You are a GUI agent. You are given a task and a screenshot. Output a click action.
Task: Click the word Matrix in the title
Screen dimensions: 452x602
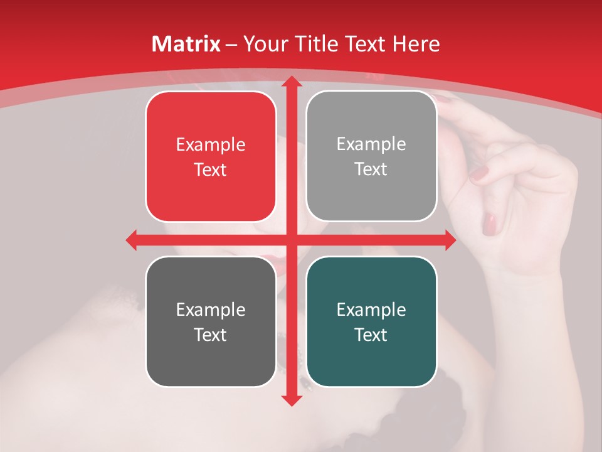point(186,44)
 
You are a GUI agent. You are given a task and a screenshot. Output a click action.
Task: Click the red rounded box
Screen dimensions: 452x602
point(211,157)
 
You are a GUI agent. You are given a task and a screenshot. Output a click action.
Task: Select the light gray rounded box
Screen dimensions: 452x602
point(371,156)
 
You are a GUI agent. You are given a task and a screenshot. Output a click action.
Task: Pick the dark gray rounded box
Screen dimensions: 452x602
point(211,321)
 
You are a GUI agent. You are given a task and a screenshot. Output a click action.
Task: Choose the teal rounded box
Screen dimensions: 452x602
point(371,321)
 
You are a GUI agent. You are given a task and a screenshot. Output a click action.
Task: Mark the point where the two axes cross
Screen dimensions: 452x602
point(291,240)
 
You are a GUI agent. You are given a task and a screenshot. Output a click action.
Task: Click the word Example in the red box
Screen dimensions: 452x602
point(211,145)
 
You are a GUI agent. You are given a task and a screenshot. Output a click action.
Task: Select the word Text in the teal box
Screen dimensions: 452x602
point(371,335)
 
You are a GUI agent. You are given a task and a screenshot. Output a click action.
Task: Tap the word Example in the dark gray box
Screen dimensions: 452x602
point(211,309)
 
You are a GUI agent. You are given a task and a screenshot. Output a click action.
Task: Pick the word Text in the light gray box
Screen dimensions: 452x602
point(371,169)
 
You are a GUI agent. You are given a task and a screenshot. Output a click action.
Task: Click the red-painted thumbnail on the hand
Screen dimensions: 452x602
point(490,223)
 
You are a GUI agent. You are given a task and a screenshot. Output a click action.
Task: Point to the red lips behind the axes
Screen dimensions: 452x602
point(276,259)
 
